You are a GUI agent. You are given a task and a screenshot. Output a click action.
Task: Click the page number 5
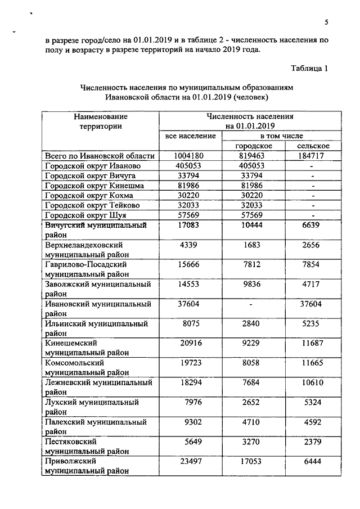point(326,22)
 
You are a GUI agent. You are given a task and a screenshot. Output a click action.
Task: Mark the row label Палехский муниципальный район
point(96,427)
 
